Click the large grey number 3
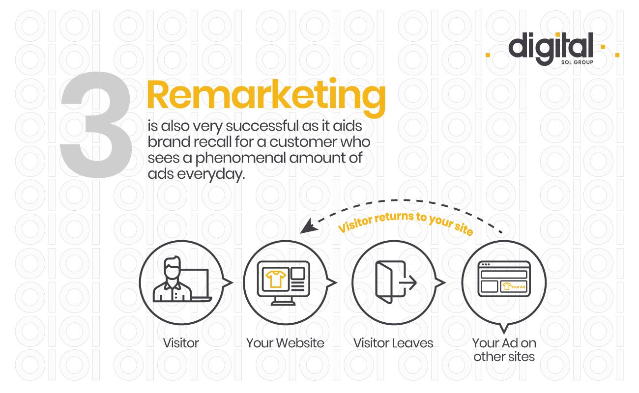pos(96,125)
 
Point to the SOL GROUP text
pos(577,62)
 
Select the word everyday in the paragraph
pos(211,174)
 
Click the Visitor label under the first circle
pos(181,343)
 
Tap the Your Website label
pos(285,343)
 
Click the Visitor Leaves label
pos(393,343)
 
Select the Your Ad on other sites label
pos(504,350)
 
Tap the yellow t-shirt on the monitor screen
pos(275,279)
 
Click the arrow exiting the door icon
pos(408,282)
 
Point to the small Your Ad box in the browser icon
pos(514,286)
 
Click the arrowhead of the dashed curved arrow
pos(309,227)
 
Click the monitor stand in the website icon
pos(283,301)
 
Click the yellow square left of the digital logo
pos(488,55)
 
